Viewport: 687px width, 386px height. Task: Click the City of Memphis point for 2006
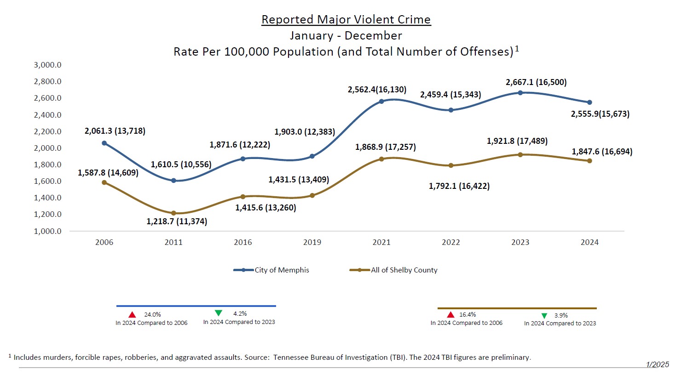pyautogui.click(x=104, y=143)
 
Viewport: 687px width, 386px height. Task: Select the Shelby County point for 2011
pyautogui.click(x=173, y=213)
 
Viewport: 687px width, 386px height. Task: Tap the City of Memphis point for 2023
pyautogui.click(x=520, y=93)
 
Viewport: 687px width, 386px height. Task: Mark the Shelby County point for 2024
pyautogui.click(x=589, y=161)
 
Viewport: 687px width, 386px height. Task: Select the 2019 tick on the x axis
pyautogui.click(x=312, y=242)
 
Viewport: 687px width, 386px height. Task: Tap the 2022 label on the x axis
pyautogui.click(x=450, y=242)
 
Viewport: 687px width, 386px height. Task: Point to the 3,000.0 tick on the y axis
pyautogui.click(x=47, y=65)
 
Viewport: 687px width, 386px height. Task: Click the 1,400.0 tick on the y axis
pyautogui.click(x=47, y=198)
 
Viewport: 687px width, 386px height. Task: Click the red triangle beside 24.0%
pyautogui.click(x=132, y=315)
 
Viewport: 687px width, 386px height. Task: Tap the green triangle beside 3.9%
pyautogui.click(x=544, y=316)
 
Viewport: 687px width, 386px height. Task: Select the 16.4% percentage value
pyautogui.click(x=468, y=315)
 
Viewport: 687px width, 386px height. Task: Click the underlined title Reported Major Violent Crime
pyautogui.click(x=346, y=20)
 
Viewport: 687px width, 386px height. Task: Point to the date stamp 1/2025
pyautogui.click(x=657, y=364)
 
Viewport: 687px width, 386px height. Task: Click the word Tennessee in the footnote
pyautogui.click(x=291, y=357)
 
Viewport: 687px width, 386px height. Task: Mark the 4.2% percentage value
pyautogui.click(x=240, y=314)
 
